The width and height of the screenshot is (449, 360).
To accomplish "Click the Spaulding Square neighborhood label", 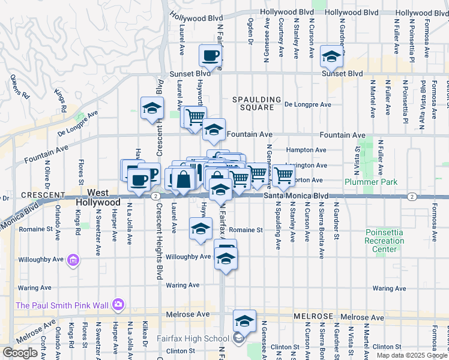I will point(257,103).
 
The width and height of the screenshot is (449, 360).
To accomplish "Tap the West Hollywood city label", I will point(99,197).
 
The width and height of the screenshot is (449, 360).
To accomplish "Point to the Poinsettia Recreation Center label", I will point(384,240).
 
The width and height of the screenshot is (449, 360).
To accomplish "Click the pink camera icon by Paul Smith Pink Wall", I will point(118,305).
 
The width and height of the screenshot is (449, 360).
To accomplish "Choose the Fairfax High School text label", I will point(193,338).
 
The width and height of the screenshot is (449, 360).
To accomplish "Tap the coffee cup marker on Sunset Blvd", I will point(210,56).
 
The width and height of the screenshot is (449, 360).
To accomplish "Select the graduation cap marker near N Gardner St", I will point(331,57).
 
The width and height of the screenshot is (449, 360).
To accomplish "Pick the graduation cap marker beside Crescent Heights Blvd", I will point(152,109).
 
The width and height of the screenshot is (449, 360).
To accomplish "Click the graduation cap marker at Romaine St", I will point(200,229).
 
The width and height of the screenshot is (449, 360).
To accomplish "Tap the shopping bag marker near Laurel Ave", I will point(184,179).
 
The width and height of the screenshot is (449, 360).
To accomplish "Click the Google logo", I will point(20,353).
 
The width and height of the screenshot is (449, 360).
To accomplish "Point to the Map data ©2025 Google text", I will point(412,355).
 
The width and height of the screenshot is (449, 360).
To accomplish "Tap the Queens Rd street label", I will point(19,86).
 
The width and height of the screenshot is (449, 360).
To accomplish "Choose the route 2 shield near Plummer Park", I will point(412,196).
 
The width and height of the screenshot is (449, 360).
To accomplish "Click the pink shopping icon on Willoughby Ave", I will point(73,260).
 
